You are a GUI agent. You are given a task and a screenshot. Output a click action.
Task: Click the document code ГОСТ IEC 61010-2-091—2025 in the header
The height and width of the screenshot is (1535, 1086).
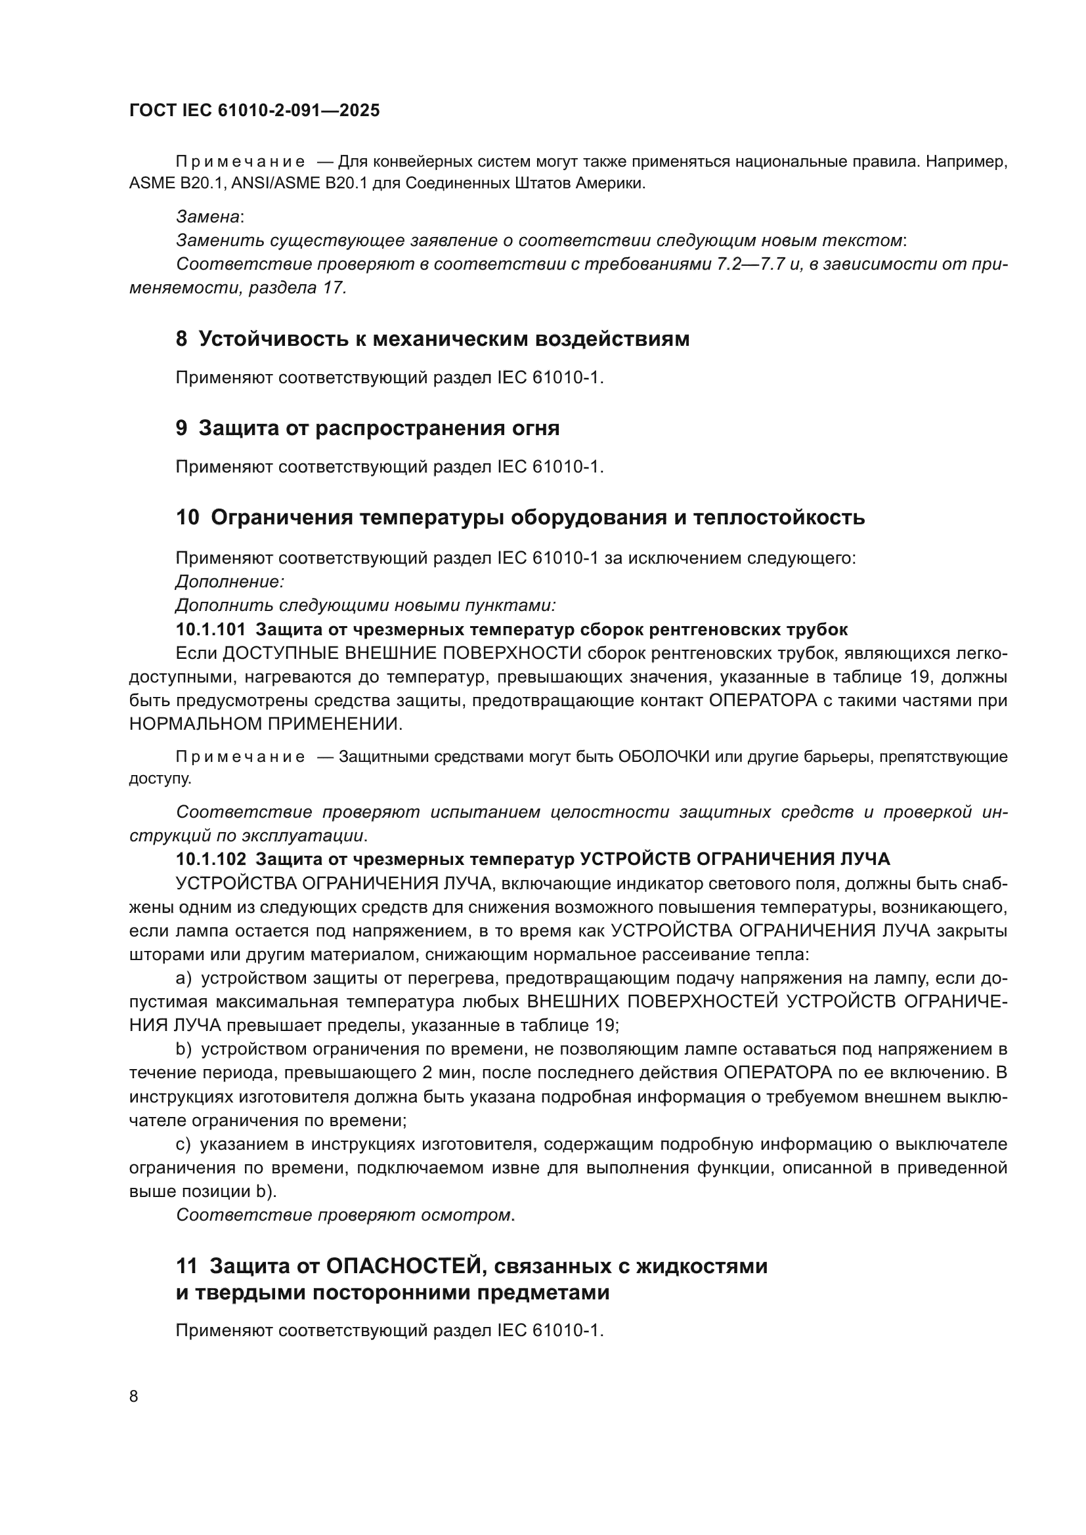tap(254, 110)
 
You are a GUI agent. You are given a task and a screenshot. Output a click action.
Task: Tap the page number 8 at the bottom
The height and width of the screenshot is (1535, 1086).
tap(134, 1396)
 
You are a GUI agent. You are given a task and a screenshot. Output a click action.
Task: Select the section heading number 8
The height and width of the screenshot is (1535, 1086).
tap(181, 339)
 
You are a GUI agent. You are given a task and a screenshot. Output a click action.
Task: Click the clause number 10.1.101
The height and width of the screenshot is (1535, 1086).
tap(211, 629)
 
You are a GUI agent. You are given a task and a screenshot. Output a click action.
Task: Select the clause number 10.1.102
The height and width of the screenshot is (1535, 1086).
tap(211, 859)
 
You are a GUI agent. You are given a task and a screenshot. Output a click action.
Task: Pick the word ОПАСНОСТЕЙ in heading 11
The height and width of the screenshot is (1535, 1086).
tap(403, 1265)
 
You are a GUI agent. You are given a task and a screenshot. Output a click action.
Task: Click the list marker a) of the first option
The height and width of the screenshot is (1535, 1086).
tap(184, 978)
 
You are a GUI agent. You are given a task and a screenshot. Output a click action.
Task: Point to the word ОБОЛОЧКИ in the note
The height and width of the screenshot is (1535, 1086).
tap(663, 757)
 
